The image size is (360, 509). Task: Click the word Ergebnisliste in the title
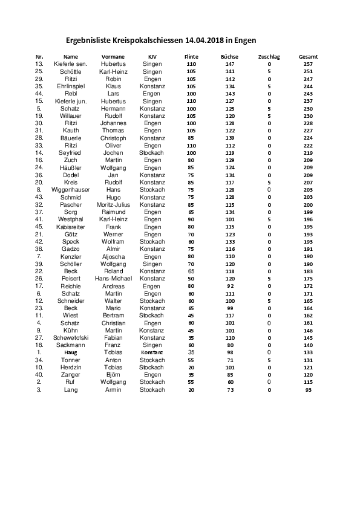pyautogui.click(x=88, y=41)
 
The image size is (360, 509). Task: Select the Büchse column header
pyautogui.click(x=229, y=56)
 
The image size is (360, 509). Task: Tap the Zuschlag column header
pyautogui.click(x=269, y=56)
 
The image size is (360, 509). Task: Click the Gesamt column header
pyautogui.click(x=308, y=56)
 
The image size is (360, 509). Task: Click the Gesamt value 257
pyautogui.click(x=308, y=63)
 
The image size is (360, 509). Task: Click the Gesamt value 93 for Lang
pyautogui.click(x=308, y=390)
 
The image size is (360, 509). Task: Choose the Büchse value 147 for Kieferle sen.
pyautogui.click(x=229, y=63)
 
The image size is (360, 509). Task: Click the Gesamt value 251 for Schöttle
pyautogui.click(x=308, y=71)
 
